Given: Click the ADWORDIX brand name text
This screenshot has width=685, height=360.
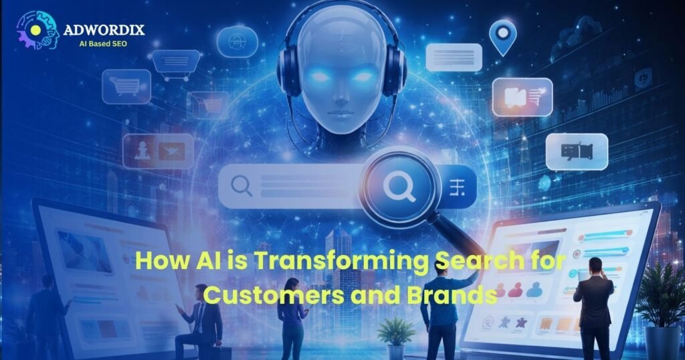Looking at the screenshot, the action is [104, 30].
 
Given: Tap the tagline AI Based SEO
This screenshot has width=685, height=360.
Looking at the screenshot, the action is [103, 43].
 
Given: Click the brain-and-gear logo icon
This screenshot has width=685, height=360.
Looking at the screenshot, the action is [37, 29].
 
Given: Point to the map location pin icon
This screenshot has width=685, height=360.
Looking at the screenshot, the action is [503, 37].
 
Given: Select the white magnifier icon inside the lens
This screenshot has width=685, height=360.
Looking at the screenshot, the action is [399, 187].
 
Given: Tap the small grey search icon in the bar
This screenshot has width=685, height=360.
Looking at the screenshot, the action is [241, 186].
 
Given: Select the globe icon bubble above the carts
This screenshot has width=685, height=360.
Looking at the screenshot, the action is [237, 41].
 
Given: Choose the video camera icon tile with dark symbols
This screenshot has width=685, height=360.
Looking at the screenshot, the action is [577, 152].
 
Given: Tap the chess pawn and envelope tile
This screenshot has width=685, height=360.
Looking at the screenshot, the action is [158, 151].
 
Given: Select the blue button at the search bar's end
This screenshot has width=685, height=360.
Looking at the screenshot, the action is [458, 187].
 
